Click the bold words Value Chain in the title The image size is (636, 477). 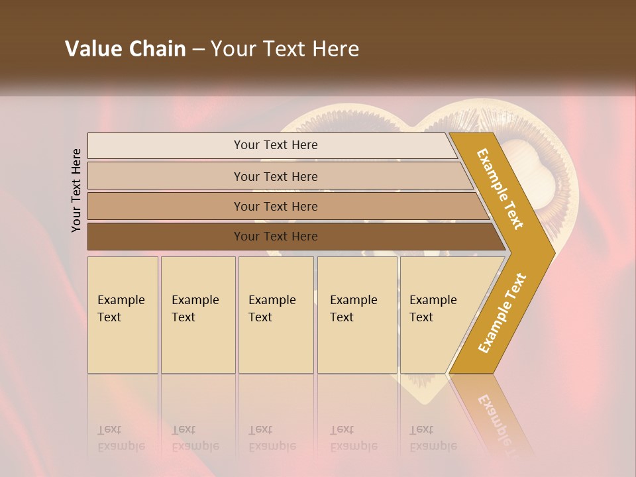pyautogui.click(x=125, y=49)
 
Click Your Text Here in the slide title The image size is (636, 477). pyautogui.click(x=285, y=49)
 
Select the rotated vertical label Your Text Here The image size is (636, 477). pyautogui.click(x=76, y=190)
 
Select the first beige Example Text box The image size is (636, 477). pyautogui.click(x=123, y=315)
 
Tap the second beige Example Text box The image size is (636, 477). pyautogui.click(x=198, y=315)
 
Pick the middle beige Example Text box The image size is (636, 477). pyautogui.click(x=276, y=315)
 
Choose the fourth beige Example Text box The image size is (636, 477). pyautogui.click(x=357, y=315)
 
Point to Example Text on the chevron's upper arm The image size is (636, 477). pyautogui.click(x=500, y=189)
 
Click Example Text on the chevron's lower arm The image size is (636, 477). pyautogui.click(x=502, y=313)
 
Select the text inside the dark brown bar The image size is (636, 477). pyautogui.click(x=276, y=237)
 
